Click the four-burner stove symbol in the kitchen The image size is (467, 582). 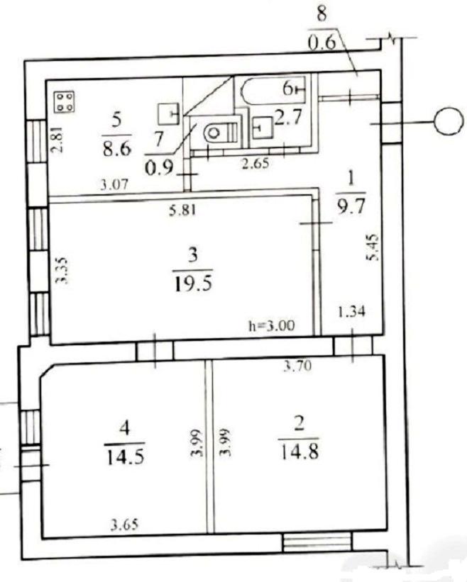(x=65, y=101)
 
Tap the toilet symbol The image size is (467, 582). (x=221, y=131)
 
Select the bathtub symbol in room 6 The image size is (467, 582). (x=273, y=89)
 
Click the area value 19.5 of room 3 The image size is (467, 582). (x=192, y=284)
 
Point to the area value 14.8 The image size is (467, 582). (x=300, y=452)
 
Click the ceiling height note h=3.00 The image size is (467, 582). (x=271, y=325)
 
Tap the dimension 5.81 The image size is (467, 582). (x=182, y=211)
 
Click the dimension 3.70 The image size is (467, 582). (x=297, y=366)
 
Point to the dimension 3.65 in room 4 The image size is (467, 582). (x=124, y=525)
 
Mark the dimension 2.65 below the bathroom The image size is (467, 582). (x=256, y=163)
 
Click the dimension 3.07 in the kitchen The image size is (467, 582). (x=114, y=184)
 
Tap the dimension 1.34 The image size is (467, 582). (x=351, y=310)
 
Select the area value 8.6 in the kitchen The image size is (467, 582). (x=117, y=148)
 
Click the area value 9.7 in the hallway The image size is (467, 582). (x=351, y=206)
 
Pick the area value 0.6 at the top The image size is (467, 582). (x=322, y=43)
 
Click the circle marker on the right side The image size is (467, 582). (x=449, y=121)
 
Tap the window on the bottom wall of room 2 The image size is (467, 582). (x=317, y=543)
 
